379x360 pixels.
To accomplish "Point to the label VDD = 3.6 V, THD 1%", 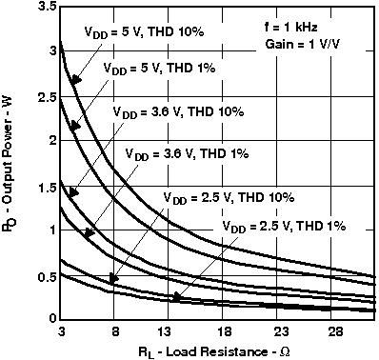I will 181,151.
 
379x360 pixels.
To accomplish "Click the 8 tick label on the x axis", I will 115,332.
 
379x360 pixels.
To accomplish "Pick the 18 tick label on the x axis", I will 225,332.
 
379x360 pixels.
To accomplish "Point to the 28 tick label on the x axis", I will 334,332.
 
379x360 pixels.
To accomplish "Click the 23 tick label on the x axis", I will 279,332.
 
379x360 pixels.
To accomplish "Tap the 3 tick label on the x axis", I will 61,332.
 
